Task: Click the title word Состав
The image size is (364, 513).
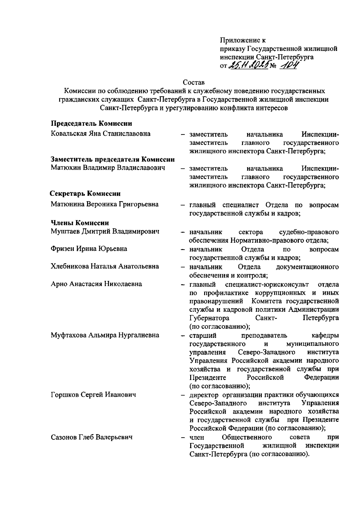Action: (194, 82)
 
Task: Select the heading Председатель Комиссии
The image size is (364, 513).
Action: (91, 123)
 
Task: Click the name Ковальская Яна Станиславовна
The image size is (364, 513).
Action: (101, 134)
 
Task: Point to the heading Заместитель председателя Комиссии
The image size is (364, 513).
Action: (113, 159)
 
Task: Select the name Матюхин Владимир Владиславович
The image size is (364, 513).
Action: (108, 168)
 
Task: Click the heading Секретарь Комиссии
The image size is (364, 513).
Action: (85, 194)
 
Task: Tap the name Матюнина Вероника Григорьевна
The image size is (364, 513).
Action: (105, 204)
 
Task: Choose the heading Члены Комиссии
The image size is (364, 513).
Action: (79, 223)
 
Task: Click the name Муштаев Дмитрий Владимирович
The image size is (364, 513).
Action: (105, 232)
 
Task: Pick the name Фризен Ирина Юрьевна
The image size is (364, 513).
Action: (89, 249)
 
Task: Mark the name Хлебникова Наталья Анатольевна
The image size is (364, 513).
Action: (105, 266)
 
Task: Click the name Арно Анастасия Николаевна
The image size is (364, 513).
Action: (96, 284)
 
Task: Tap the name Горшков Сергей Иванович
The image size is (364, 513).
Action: (93, 395)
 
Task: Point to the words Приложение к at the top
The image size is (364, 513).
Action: (243, 40)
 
